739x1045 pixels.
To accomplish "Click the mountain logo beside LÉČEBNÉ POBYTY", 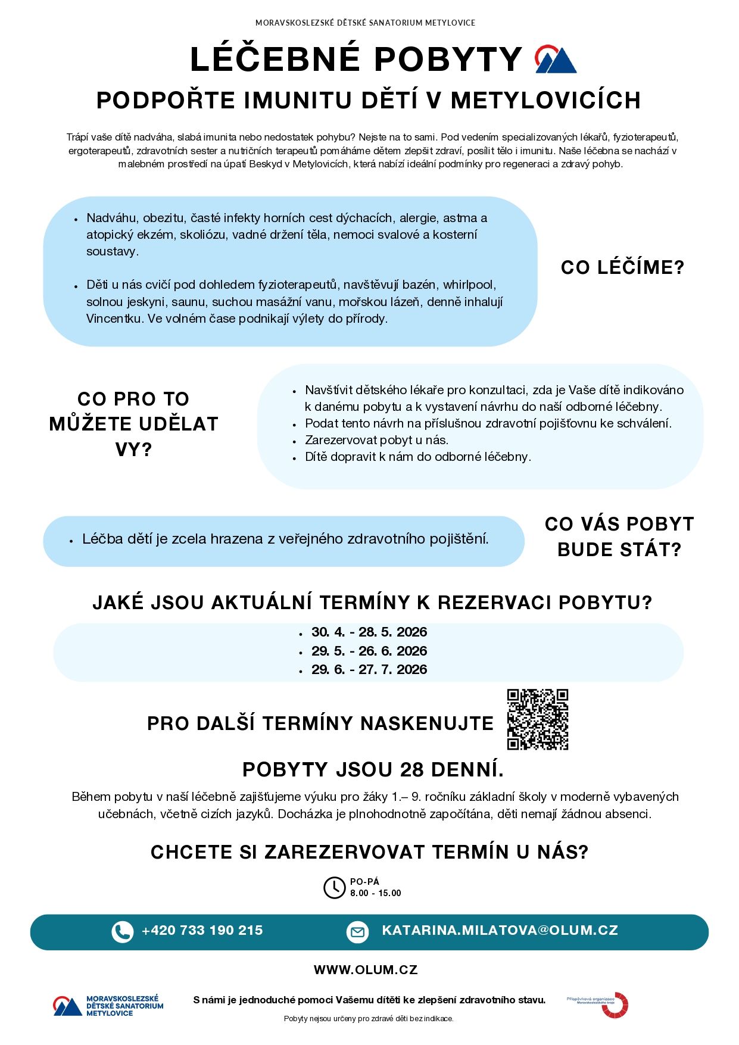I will (x=555, y=60).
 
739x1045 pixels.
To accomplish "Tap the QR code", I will (x=537, y=719).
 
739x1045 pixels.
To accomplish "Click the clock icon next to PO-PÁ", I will (x=334, y=887).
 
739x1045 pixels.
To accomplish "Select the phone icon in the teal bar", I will (x=122, y=932).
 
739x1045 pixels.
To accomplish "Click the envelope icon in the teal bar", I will (x=357, y=932).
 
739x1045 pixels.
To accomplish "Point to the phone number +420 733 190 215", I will (x=202, y=931).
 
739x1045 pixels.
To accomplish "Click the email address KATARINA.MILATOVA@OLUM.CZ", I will (x=500, y=931).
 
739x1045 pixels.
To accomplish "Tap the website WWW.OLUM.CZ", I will (x=366, y=970).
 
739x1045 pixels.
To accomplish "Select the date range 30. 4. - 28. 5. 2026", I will (x=369, y=632).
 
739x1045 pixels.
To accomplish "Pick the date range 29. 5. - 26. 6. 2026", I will (x=369, y=651).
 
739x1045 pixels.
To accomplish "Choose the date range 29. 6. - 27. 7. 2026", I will (x=369, y=669).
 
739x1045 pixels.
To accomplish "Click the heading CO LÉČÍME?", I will (x=622, y=268).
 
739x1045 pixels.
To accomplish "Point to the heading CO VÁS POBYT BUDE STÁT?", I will (x=619, y=536).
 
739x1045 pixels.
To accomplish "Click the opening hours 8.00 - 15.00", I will (x=375, y=893).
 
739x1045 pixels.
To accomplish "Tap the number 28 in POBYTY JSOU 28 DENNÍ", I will (x=412, y=770).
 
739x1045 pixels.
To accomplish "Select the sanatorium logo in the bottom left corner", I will (x=108, y=1006).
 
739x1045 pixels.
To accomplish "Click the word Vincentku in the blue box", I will (x=114, y=319).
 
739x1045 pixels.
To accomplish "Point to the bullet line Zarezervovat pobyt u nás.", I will (x=376, y=440).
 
